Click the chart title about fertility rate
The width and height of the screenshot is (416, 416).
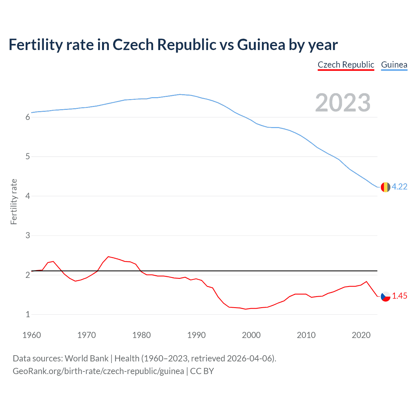(173, 45)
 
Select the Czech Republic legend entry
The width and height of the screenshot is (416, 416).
(346, 65)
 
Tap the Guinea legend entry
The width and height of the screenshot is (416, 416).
(394, 65)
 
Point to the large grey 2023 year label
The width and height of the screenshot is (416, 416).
(343, 103)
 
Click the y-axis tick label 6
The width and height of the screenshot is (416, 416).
(28, 117)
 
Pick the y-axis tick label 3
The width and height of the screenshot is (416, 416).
(28, 236)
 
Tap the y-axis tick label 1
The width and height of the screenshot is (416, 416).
(28, 315)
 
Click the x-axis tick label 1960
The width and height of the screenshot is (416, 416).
(32, 335)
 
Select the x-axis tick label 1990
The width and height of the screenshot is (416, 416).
(196, 335)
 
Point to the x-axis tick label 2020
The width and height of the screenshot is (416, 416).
(361, 335)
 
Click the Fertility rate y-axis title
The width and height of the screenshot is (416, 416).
(14, 201)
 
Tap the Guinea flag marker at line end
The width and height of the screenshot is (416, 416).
(385, 187)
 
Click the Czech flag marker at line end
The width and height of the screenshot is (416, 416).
(385, 296)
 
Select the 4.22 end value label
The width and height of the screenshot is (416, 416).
(399, 187)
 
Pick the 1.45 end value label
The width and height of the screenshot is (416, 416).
(399, 296)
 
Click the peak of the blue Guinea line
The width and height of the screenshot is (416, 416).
(180, 95)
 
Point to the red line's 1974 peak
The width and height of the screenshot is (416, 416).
(108, 256)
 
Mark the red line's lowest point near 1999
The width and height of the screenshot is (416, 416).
(246, 309)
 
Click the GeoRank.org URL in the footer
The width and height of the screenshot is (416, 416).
(98, 371)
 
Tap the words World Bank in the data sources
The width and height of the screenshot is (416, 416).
(86, 358)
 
